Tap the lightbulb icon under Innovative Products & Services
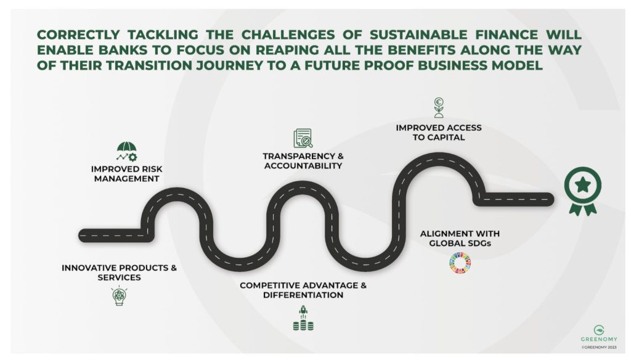(118, 297)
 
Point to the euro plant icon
(439, 107)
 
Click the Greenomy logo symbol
(598, 330)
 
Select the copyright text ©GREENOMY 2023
(598, 347)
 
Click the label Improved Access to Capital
(439, 133)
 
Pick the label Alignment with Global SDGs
(460, 239)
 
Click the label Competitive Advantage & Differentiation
(303, 290)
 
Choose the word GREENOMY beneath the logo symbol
(598, 340)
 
